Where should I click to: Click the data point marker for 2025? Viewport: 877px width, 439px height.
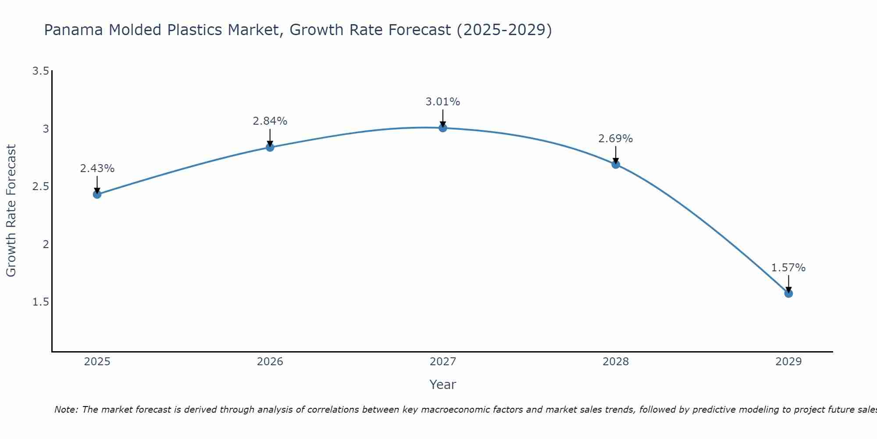(97, 194)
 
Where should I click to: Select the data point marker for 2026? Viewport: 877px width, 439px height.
(270, 148)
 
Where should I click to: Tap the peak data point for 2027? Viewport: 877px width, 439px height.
(443, 128)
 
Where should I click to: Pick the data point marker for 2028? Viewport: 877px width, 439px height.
(616, 165)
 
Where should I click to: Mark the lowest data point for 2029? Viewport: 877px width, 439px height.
(788, 293)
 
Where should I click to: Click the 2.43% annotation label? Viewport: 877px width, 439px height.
(97, 169)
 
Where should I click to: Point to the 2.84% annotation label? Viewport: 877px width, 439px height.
(270, 121)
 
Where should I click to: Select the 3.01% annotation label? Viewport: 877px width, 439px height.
(443, 102)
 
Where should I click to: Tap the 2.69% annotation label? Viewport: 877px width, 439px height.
(616, 139)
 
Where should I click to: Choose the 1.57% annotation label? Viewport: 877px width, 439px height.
(788, 268)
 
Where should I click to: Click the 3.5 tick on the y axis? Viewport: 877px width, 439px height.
(40, 71)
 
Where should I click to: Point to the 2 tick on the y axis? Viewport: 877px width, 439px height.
(46, 245)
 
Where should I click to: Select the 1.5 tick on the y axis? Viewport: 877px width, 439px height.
(40, 302)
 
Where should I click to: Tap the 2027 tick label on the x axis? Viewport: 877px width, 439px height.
(443, 362)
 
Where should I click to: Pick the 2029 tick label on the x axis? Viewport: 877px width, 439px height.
(788, 362)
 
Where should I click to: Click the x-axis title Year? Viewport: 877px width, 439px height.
(443, 385)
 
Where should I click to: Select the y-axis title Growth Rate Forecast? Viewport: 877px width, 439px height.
(11, 211)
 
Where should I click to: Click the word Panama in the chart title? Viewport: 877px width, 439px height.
(74, 30)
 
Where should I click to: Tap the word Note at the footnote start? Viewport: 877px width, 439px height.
(66, 410)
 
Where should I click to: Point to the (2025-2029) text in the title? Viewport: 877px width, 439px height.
(504, 30)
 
